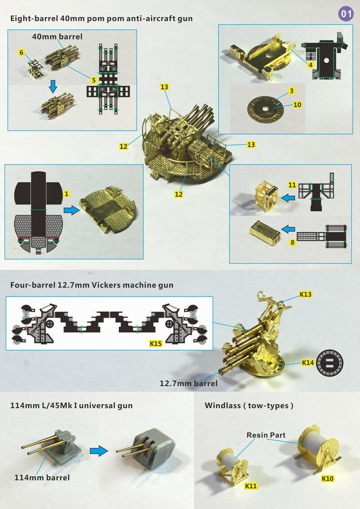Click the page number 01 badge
[346, 14]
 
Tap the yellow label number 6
[22, 52]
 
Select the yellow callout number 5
[94, 80]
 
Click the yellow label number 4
[310, 65]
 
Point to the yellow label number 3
[292, 91]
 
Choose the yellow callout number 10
[297, 104]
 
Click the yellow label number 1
[67, 194]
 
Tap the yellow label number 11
[292, 185]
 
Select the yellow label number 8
[292, 242]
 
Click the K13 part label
[305, 294]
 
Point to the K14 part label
[308, 362]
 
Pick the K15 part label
[156, 343]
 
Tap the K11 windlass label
[251, 486]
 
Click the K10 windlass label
[328, 478]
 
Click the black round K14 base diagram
[329, 363]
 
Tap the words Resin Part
[266, 435]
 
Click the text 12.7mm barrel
[189, 383]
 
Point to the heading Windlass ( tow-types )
[249, 405]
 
